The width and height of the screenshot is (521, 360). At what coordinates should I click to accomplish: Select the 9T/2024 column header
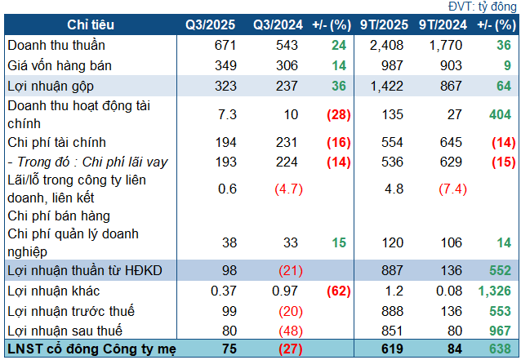pos(441,26)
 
